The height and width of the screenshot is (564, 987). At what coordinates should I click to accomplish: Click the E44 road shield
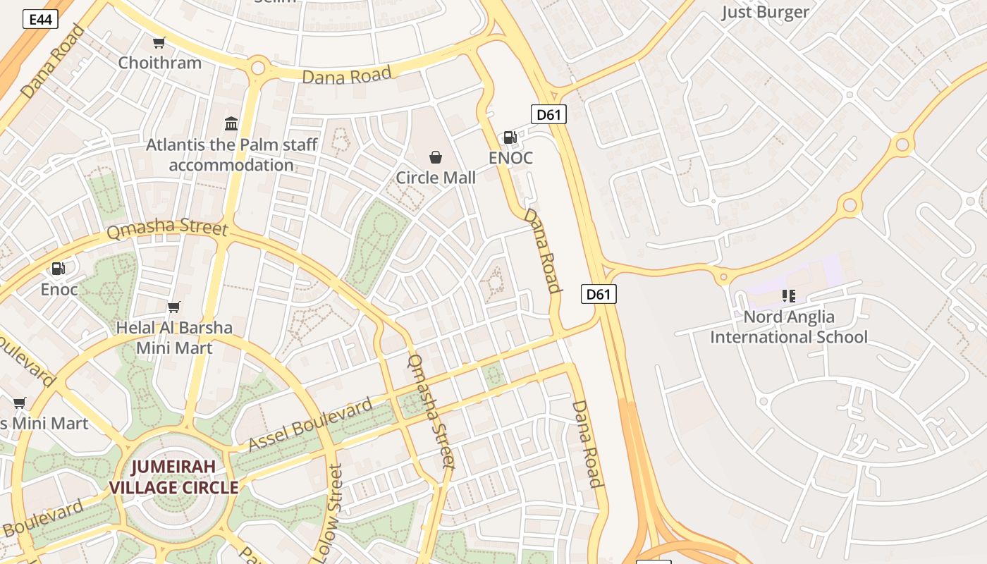tap(40, 19)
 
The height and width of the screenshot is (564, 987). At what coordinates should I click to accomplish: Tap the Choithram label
tap(159, 63)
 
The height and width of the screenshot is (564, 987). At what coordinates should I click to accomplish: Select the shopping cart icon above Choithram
tap(159, 43)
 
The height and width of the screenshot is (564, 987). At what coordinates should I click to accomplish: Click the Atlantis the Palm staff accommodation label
tap(232, 155)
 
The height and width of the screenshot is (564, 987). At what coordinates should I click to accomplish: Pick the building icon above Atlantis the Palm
tap(231, 124)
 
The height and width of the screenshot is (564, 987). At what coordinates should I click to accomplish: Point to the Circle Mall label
tap(436, 178)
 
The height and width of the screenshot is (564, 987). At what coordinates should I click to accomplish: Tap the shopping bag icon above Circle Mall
tap(436, 157)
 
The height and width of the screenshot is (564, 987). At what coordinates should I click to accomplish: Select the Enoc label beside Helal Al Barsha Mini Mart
tap(59, 289)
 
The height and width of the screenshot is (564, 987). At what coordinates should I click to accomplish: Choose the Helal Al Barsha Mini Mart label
tap(174, 338)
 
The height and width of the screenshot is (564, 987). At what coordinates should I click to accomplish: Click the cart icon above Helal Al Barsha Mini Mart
tap(173, 307)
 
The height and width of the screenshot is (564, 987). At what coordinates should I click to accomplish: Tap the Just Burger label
tap(765, 12)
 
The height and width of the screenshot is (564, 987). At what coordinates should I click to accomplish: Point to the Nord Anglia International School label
tap(788, 327)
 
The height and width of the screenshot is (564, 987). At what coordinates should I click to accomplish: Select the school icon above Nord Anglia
tap(788, 296)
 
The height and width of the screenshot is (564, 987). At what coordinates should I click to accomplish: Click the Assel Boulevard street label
tap(310, 425)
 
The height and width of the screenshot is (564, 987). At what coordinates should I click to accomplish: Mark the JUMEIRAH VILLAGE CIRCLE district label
tap(173, 477)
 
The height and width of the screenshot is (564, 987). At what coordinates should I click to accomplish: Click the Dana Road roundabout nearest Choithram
tap(258, 68)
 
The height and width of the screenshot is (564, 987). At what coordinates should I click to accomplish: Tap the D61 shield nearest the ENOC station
tap(548, 114)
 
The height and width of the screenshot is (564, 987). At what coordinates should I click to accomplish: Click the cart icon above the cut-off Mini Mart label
tap(20, 403)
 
